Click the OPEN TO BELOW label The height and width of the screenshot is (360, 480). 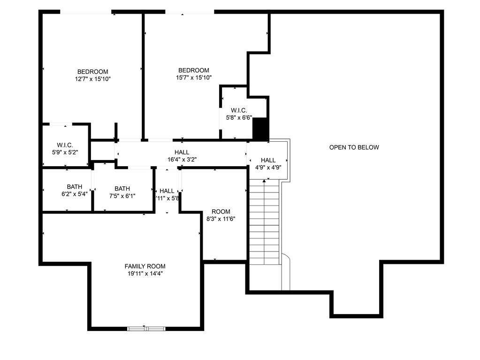pyautogui.click(x=354, y=147)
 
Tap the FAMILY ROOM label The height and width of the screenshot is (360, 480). pyautogui.click(x=145, y=266)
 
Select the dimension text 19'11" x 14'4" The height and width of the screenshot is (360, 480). pyautogui.click(x=145, y=273)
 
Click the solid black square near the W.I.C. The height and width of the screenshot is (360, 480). pyautogui.click(x=260, y=128)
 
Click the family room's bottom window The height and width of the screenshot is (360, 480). pyautogui.click(x=146, y=329)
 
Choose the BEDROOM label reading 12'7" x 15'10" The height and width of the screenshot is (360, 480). pyautogui.click(x=93, y=72)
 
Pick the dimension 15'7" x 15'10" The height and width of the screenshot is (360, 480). pyautogui.click(x=194, y=77)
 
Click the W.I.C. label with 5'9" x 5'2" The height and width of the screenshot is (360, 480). pyautogui.click(x=65, y=145)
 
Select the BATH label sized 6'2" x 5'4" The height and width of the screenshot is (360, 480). pyautogui.click(x=74, y=187)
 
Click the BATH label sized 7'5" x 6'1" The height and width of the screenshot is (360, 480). pyautogui.click(x=122, y=189)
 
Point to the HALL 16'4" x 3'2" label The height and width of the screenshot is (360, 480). pyautogui.click(x=182, y=152)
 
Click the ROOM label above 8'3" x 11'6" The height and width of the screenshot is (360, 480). pyautogui.click(x=221, y=212)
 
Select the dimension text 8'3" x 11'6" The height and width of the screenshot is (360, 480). pyautogui.click(x=221, y=219)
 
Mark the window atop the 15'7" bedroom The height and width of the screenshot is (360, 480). pyautogui.click(x=190, y=12)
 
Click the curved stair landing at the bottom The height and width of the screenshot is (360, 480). pyautogui.click(x=286, y=272)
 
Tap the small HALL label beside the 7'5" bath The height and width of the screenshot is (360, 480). pyautogui.click(x=167, y=191)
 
